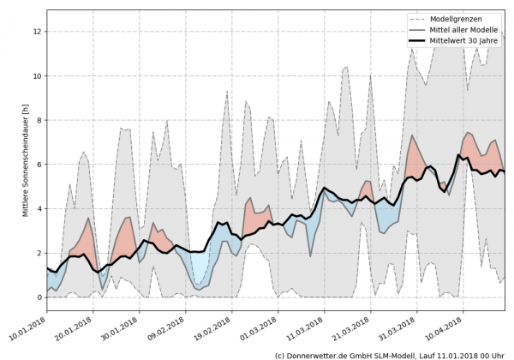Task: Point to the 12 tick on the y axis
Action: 37,31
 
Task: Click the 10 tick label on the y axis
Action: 37,75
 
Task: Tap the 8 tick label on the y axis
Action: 39,120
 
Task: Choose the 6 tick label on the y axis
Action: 39,165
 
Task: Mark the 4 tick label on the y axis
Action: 39,209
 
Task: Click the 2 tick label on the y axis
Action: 39,254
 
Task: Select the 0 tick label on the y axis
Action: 39,298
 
